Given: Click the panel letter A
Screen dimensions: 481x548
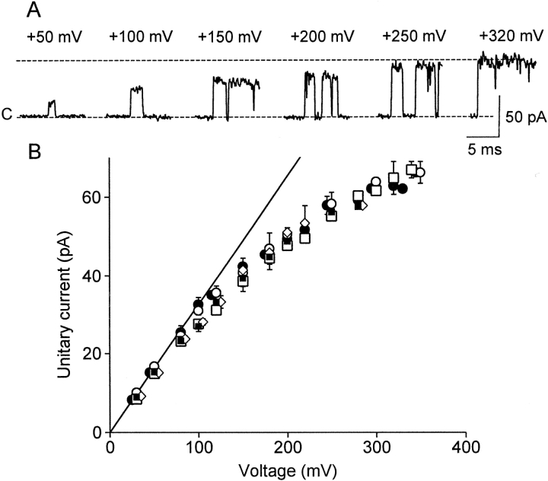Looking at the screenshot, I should (x=34, y=10).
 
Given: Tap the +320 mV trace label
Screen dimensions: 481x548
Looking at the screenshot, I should (x=507, y=36).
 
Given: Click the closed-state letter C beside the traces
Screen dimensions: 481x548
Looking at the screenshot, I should (x=8, y=115).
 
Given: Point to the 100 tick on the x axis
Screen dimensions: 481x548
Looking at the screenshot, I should (x=199, y=448).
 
